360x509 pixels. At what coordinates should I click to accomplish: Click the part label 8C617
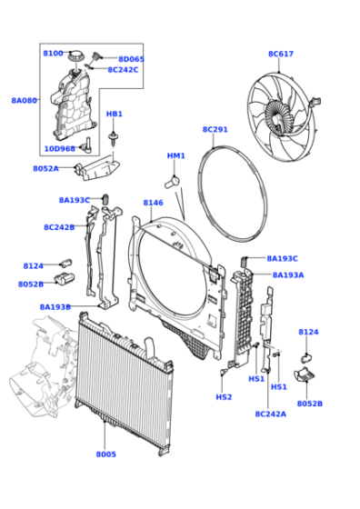click(x=281, y=54)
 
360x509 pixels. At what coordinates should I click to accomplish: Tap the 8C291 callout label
click(x=215, y=129)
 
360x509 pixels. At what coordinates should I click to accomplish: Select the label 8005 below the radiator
click(x=105, y=454)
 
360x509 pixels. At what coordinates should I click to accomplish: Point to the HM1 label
click(x=176, y=155)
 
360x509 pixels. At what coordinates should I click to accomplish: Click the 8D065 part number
click(x=131, y=59)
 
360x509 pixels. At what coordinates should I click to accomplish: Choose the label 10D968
click(x=59, y=149)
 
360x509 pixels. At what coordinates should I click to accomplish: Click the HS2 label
click(x=224, y=397)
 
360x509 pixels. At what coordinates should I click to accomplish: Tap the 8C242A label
click(x=271, y=414)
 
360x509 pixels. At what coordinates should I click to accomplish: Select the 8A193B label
click(x=55, y=307)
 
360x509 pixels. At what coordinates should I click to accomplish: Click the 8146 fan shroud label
click(x=154, y=203)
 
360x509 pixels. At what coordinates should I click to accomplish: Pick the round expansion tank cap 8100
click(x=76, y=56)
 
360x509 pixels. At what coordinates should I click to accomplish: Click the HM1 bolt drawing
click(x=172, y=182)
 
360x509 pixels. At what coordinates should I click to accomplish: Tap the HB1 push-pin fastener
click(x=113, y=139)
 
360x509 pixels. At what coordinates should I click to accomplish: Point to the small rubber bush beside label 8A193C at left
click(x=105, y=199)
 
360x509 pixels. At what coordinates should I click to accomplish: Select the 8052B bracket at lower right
click(x=305, y=374)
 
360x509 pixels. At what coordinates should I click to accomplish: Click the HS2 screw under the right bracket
click(x=224, y=371)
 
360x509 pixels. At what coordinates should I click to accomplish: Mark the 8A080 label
click(x=25, y=100)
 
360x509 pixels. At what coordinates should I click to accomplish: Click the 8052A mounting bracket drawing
click(x=97, y=168)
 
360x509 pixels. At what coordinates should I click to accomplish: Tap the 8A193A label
click(x=288, y=274)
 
